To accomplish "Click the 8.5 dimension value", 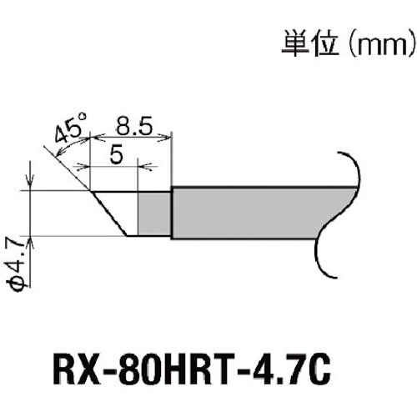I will click(x=133, y=127).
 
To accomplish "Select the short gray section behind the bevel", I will click(x=154, y=214).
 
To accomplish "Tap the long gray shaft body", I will click(x=250, y=214).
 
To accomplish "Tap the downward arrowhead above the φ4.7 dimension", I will click(x=30, y=185).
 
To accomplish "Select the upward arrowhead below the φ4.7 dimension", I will click(x=30, y=241).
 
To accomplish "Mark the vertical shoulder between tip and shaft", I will click(x=172, y=214).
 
